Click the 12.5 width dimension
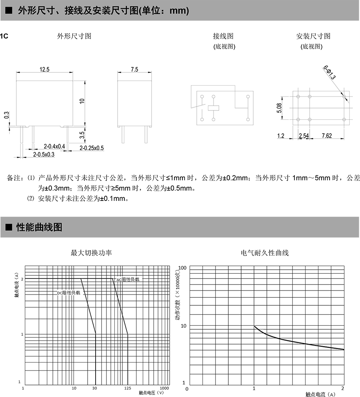click(x=44, y=70)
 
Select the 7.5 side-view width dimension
click(x=134, y=70)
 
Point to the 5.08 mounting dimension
click(x=280, y=108)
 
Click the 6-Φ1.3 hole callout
click(x=330, y=72)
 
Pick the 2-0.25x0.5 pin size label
click(x=92, y=148)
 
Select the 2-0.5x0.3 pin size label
click(x=43, y=154)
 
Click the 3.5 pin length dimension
click(x=82, y=135)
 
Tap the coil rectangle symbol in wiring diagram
click(x=214, y=107)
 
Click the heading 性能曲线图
click(x=39, y=227)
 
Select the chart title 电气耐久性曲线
click(x=264, y=253)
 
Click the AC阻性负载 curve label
click(x=128, y=279)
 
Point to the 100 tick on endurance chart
click(x=182, y=267)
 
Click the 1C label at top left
click(x=4, y=36)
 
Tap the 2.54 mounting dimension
click(x=304, y=136)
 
